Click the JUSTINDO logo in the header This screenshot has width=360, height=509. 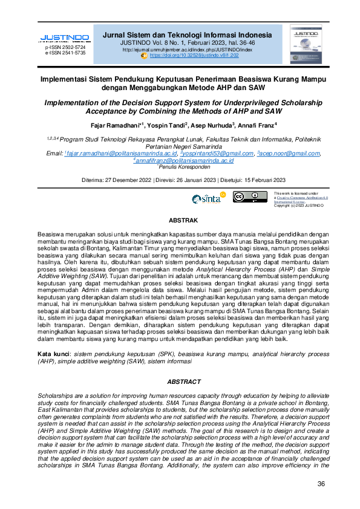point(64,37)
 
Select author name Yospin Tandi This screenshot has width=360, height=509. point(168,125)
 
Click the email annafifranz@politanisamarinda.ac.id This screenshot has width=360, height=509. point(184,161)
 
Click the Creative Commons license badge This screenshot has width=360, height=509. point(249,198)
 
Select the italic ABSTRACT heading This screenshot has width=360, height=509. point(183,381)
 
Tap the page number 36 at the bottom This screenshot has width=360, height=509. point(321,484)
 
